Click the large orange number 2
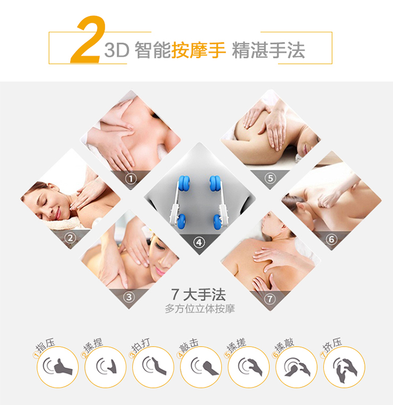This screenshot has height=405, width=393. (x=88, y=39)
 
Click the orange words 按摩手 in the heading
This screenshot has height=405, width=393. (x=199, y=50)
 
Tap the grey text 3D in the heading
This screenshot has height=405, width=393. (x=117, y=50)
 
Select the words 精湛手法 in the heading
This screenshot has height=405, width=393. (x=269, y=50)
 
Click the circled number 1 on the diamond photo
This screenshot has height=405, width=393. (x=131, y=178)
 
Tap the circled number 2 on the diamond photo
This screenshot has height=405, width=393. (x=70, y=238)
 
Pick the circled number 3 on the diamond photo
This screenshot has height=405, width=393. (x=129, y=297)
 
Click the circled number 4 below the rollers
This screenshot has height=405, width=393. (x=199, y=242)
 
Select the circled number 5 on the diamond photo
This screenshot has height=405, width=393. (x=270, y=178)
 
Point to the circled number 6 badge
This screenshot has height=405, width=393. (x=331, y=239)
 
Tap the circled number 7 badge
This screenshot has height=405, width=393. (x=270, y=299)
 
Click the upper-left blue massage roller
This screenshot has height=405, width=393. (x=184, y=183)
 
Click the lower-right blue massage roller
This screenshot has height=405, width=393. (x=217, y=222)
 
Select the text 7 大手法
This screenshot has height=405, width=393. (x=199, y=295)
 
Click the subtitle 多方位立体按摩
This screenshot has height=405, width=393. (x=200, y=308)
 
